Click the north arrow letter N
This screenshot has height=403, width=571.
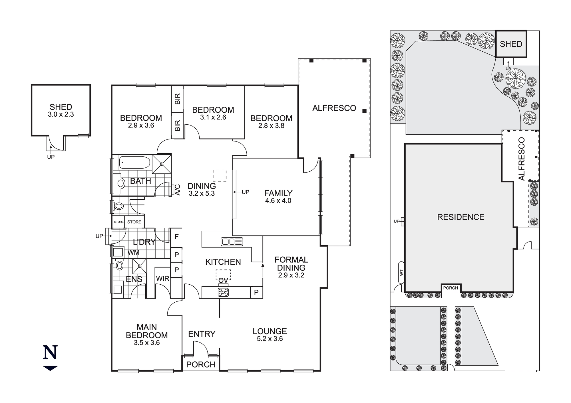(50, 353)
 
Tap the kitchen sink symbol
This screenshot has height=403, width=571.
(232, 242)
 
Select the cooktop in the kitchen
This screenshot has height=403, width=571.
(223, 292)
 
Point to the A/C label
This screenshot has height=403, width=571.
(177, 190)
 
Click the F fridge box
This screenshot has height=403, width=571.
(176, 236)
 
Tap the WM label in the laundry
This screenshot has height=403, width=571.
(133, 252)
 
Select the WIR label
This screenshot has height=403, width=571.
(162, 278)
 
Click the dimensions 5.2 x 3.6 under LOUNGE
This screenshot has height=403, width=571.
(270, 339)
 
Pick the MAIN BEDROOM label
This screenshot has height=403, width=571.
(147, 331)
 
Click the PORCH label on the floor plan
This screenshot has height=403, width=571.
(201, 364)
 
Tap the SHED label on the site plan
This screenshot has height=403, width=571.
(511, 44)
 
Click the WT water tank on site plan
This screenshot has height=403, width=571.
(401, 273)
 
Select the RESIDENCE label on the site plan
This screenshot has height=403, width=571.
(461, 217)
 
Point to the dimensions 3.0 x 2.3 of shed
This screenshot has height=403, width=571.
(61, 114)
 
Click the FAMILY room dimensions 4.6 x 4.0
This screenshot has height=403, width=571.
(278, 201)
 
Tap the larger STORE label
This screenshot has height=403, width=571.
(134, 222)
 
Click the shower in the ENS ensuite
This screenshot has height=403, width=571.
(140, 266)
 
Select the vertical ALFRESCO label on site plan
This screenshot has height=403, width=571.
(522, 159)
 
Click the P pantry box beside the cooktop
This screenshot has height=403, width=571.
(256, 292)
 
